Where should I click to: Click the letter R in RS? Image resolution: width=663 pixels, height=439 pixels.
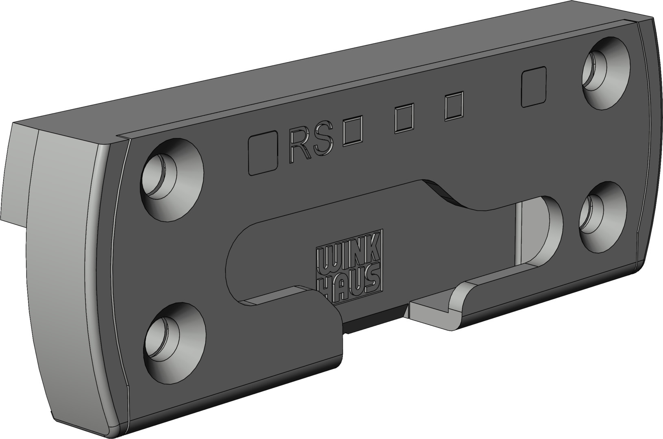tap(299, 146)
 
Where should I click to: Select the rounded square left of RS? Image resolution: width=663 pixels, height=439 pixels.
tap(263, 153)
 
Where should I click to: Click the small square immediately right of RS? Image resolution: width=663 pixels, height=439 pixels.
tap(352, 131)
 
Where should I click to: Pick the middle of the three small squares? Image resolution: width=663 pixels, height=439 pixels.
tap(404, 118)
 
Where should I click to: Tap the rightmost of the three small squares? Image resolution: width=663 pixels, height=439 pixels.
tap(454, 106)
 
